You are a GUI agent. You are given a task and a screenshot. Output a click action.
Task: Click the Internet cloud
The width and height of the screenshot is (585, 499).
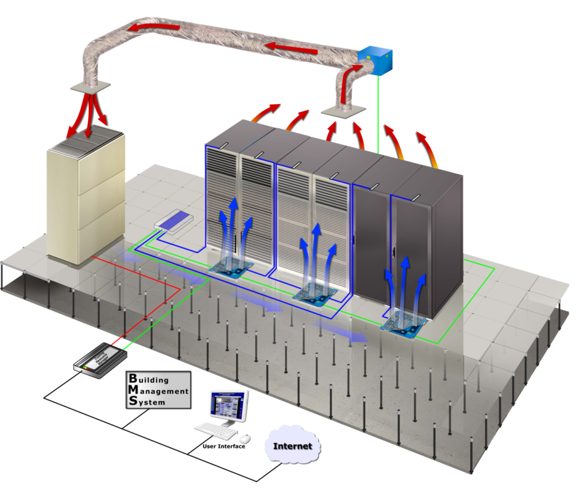[292, 445]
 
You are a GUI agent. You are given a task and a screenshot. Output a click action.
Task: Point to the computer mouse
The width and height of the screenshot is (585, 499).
[245, 438]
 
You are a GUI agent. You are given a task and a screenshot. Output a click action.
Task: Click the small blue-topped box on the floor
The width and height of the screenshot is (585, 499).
[174, 220]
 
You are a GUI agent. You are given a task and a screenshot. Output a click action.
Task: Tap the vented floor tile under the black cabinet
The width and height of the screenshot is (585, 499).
[404, 326]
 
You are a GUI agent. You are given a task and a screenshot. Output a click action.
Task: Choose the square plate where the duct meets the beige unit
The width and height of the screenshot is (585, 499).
[90, 87]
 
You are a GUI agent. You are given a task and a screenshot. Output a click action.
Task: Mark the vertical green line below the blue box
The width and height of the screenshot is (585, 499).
[378, 114]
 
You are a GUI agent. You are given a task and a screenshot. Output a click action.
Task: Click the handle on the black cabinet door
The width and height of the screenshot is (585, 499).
[394, 253]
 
